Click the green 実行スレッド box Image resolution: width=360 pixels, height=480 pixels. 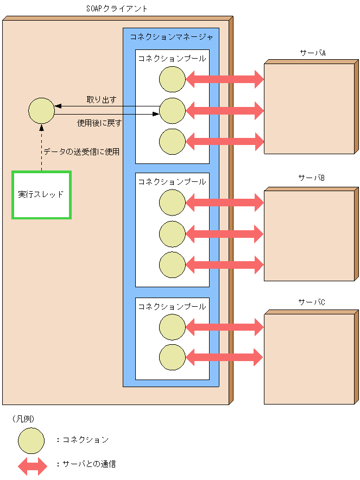pyautogui.click(x=41, y=194)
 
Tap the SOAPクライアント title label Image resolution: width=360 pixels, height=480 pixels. pyautogui.click(x=117, y=9)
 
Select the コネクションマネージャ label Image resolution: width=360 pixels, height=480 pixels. pyautogui.click(x=171, y=37)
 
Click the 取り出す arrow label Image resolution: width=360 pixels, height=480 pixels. pyautogui.click(x=102, y=100)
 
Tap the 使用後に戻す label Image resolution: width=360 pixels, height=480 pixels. pyautogui.click(x=99, y=123)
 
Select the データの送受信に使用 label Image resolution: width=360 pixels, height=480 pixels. pyautogui.click(x=81, y=151)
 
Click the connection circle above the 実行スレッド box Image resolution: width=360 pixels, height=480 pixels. pyautogui.click(x=41, y=111)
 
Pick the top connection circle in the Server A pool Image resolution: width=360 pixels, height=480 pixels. pyautogui.click(x=172, y=80)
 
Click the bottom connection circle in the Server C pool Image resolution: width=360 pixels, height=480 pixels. pyautogui.click(x=172, y=357)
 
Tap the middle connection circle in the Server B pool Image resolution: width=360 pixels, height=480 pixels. pyautogui.click(x=172, y=234)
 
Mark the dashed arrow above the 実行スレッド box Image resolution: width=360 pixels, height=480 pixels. pyautogui.click(x=41, y=147)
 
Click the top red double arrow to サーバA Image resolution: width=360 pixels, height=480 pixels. pyautogui.click(x=225, y=80)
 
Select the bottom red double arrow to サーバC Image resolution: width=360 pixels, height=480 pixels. pyautogui.click(x=225, y=357)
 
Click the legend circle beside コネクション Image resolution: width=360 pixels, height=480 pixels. pyautogui.click(x=31, y=440)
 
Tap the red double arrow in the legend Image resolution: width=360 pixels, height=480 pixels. pyautogui.click(x=33, y=465)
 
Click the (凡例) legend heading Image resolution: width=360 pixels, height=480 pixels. pyautogui.click(x=23, y=419)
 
